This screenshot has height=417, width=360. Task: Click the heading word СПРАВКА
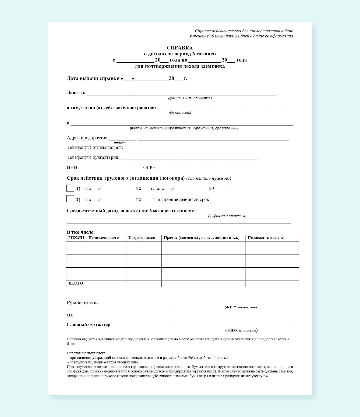tap(180, 48)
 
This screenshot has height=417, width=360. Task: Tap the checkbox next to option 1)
tap(70, 188)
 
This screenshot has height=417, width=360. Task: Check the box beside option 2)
tap(70, 199)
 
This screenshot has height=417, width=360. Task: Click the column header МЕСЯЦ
tap(76, 238)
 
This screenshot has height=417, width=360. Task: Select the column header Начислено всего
tap(104, 238)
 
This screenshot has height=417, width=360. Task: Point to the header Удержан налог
tap(142, 238)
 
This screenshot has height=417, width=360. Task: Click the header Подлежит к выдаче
tap(265, 238)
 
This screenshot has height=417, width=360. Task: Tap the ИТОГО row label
tap(76, 283)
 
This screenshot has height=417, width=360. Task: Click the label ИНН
tap(72, 167)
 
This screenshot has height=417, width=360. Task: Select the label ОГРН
tap(149, 167)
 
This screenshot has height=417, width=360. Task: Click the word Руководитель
tap(82, 302)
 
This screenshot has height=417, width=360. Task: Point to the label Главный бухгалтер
tap(88, 324)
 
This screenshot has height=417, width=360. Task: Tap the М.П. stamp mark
tap(70, 315)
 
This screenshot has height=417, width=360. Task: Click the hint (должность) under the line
tap(180, 113)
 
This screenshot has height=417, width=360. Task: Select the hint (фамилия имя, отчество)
tap(190, 98)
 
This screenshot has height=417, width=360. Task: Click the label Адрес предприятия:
tap(88, 138)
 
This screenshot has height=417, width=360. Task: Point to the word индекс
tap(119, 143)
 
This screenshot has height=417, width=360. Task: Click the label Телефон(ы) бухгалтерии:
tap(93, 157)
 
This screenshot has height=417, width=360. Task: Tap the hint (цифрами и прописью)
tap(227, 216)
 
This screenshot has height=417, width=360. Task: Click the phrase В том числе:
tap(81, 232)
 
